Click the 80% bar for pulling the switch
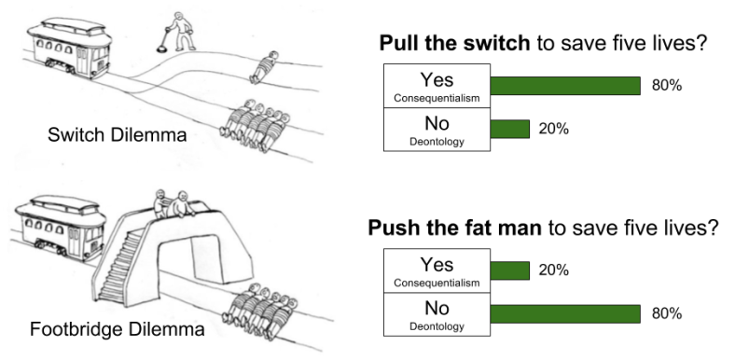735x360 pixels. tap(565, 86)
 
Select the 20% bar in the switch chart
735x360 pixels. tap(510, 129)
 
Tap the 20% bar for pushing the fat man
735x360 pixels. tap(510, 271)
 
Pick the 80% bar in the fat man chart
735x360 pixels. tap(565, 314)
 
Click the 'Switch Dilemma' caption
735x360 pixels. tap(118, 135)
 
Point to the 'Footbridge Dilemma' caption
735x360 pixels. tap(118, 329)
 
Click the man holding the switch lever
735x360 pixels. tap(179, 31)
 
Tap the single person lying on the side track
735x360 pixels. tap(263, 67)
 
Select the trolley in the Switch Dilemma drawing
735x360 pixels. tap(69, 48)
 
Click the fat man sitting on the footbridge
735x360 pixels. tap(181, 204)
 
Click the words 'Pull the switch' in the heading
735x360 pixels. tap(454, 44)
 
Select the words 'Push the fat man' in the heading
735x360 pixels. tap(454, 228)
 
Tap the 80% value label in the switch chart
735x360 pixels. tap(667, 86)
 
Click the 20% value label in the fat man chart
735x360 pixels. tap(554, 271)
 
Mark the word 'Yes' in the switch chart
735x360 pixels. tap(437, 80)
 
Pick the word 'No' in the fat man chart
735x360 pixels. tap(437, 309)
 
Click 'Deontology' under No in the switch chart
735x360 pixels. tap(437, 142)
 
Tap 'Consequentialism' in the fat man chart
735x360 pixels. tap(437, 284)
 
